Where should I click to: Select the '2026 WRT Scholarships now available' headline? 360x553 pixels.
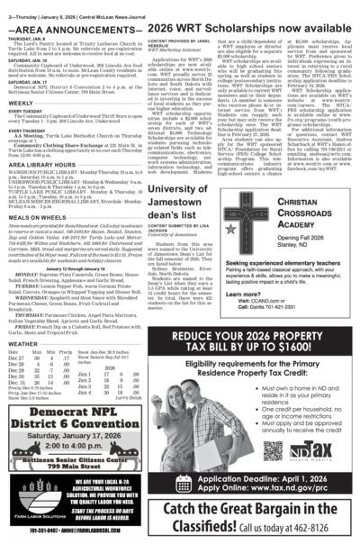pos(242,30)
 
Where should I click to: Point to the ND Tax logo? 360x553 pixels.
pos(327,445)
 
